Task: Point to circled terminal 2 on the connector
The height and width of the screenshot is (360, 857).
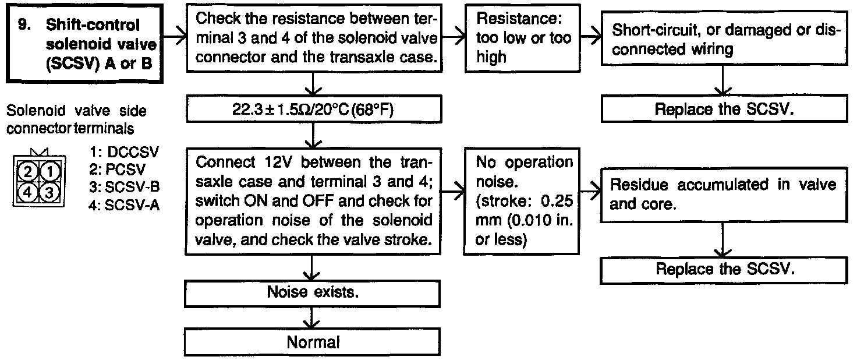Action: (x=27, y=172)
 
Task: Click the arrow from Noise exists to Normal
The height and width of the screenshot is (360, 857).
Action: (x=313, y=318)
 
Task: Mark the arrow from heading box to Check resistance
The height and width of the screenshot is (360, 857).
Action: (x=173, y=38)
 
